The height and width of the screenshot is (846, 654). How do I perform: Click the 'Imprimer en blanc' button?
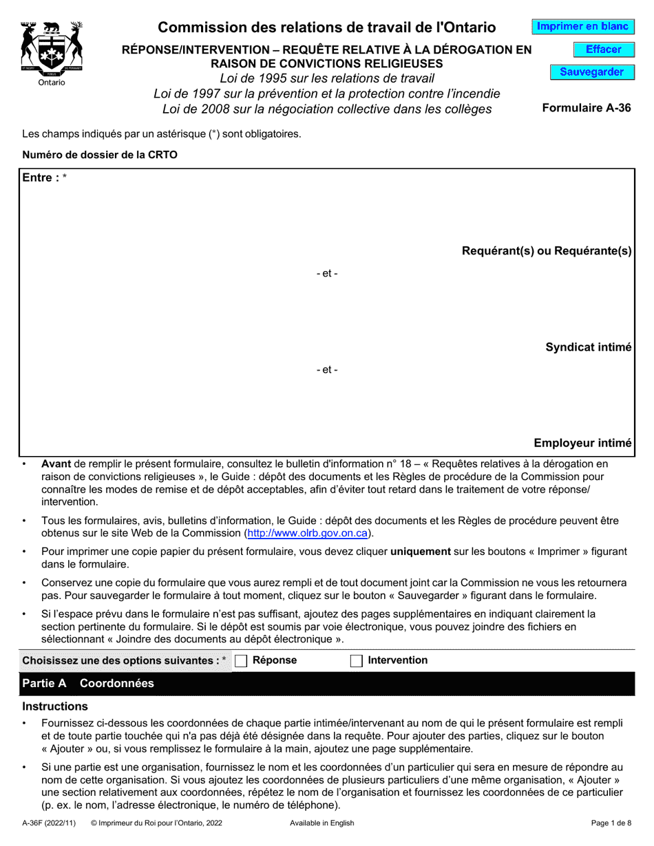582,27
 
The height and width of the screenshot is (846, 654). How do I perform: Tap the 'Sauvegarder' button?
591,72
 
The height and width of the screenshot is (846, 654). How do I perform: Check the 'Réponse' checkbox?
241,661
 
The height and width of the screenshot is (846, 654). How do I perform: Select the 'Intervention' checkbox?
357,661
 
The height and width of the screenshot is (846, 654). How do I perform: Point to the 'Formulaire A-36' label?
587,108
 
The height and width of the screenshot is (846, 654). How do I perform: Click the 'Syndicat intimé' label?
589,347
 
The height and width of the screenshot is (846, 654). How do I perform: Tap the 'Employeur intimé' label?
582,444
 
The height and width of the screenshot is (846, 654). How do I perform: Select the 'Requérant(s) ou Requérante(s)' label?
547,251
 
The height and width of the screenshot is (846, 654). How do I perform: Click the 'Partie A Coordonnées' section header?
89,684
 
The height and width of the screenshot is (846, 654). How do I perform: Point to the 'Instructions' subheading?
55,706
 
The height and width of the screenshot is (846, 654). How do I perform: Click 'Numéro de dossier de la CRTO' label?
100,155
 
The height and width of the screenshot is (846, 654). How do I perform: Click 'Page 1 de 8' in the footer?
611,823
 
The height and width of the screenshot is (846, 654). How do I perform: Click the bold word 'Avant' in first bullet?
56,464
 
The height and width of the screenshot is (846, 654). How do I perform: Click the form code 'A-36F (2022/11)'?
50,823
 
